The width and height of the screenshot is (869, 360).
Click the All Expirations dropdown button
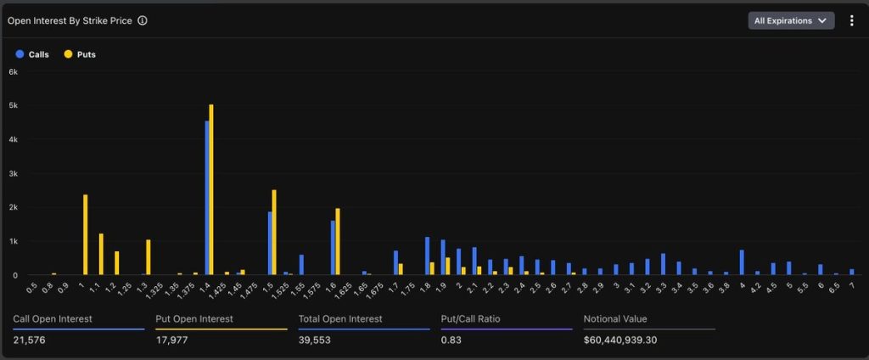(790, 20)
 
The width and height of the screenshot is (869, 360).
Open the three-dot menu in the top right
(852, 20)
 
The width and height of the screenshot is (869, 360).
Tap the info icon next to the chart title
(142, 20)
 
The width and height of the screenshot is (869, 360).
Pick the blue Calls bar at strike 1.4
(206, 198)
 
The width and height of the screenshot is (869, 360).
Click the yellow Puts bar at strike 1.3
(148, 257)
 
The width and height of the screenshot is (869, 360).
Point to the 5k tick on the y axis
(13, 105)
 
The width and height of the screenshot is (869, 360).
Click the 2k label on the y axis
(13, 207)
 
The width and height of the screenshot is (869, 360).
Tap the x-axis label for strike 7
(850, 285)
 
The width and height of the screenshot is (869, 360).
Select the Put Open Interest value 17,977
(173, 340)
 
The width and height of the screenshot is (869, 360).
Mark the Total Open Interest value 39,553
(314, 340)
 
